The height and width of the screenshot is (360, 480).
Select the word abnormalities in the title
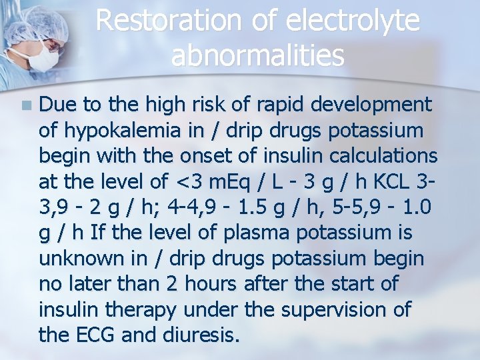(257, 56)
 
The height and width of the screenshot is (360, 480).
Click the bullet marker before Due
(26, 105)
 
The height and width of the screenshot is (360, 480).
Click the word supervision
(339, 310)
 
